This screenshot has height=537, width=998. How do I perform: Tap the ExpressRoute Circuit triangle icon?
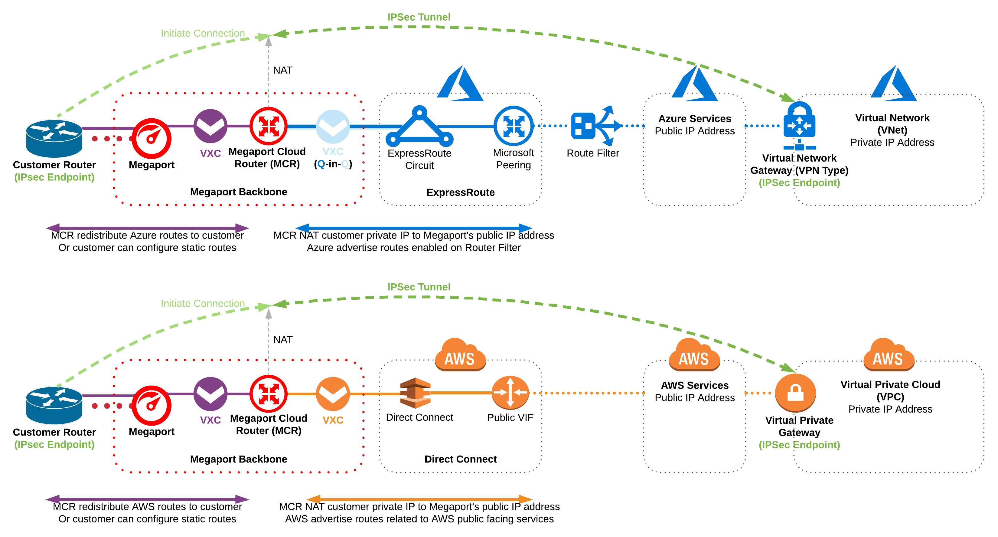tap(419, 127)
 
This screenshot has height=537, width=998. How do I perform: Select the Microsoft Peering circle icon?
tap(513, 126)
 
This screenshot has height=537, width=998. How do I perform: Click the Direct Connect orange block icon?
tap(415, 393)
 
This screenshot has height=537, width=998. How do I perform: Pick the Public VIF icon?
tap(510, 393)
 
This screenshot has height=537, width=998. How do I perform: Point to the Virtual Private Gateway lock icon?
tap(795, 393)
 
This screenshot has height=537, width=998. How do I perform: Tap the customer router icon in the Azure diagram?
tap(54, 138)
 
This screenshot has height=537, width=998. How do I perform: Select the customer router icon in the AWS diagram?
tap(54, 405)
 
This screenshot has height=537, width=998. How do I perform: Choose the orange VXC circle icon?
tap(333, 394)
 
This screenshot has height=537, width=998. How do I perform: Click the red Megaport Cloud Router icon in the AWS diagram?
tap(269, 394)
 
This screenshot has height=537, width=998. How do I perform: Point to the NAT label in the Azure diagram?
tap(283, 70)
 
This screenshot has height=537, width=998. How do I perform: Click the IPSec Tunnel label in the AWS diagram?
tap(419, 287)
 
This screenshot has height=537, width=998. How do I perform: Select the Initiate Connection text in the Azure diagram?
tap(203, 33)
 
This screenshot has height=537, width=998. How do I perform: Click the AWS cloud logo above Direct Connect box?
tap(460, 355)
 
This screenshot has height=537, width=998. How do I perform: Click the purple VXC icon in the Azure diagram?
tap(210, 126)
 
